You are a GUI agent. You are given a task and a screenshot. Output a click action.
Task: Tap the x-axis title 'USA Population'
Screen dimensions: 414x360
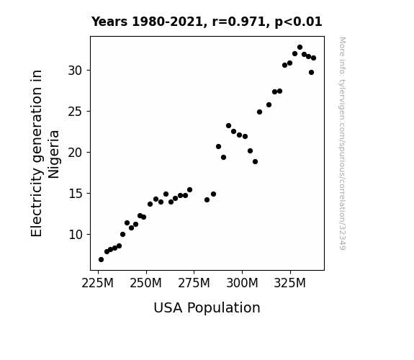tap(207, 308)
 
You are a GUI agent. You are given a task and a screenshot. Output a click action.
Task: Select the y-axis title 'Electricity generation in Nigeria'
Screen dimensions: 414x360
tap(45, 153)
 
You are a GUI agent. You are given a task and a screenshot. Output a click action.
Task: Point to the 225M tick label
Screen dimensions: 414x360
tap(98, 284)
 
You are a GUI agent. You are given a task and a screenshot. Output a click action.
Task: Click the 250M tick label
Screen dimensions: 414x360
tap(145, 284)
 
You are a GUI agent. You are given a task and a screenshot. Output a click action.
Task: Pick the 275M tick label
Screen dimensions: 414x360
tap(194, 284)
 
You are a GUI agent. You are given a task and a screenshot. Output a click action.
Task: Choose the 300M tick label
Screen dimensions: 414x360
tap(242, 284)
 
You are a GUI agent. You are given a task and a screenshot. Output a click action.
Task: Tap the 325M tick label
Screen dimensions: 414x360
tap(290, 284)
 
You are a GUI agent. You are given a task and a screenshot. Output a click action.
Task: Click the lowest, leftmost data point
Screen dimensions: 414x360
tap(101, 260)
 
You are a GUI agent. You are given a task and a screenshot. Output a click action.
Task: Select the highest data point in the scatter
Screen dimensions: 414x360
tap(300, 48)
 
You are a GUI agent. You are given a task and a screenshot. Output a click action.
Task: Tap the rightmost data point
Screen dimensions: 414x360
tap(313, 58)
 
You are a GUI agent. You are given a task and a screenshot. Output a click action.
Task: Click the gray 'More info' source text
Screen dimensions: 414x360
tap(342, 143)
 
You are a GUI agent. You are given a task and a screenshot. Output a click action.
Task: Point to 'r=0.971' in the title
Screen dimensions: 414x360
tap(239, 22)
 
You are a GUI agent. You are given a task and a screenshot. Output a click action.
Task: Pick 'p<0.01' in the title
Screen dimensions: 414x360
tap(298, 22)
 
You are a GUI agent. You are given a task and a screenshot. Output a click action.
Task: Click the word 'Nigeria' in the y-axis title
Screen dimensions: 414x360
tap(54, 154)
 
